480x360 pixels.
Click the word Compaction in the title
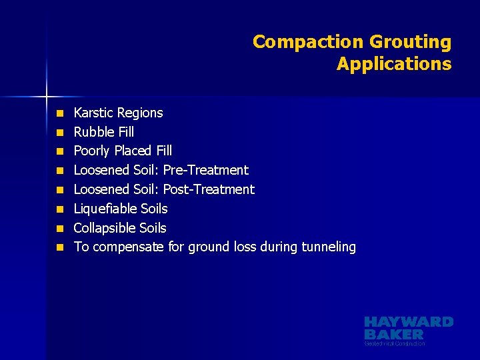[x=306, y=42]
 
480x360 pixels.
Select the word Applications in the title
[x=394, y=64]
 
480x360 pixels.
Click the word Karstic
[x=93, y=113]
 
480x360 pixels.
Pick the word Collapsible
[x=101, y=228]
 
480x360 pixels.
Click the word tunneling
[x=329, y=247]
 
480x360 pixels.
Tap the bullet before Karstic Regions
[x=59, y=113]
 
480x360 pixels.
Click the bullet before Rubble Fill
[x=59, y=132]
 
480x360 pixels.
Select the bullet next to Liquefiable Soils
[x=59, y=209]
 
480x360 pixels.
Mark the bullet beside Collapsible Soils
[x=59, y=228]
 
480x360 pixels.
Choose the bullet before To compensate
[x=59, y=247]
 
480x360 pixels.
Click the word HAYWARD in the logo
[x=409, y=322]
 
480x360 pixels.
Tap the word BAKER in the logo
[x=394, y=334]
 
